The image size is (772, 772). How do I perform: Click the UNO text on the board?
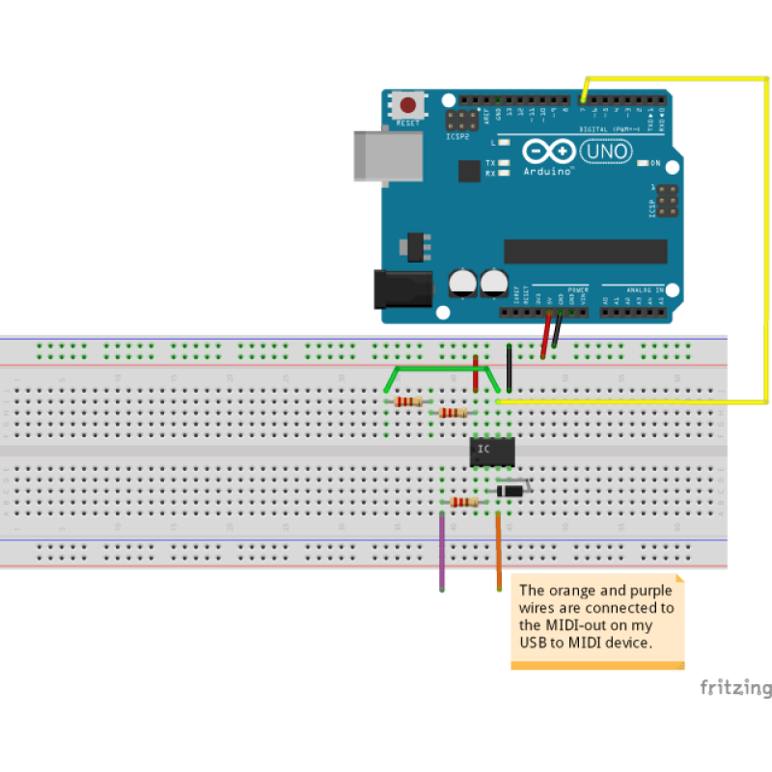605,152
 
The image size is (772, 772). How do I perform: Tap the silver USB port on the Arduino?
387,155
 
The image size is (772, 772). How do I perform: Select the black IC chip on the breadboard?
492,451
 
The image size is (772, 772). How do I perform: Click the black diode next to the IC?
510,491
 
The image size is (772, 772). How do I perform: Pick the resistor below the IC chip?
464,502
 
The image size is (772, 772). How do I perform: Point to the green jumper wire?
444,368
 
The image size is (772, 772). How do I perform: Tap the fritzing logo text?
735,688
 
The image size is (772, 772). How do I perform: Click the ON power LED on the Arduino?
644,163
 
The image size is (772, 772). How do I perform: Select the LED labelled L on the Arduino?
505,142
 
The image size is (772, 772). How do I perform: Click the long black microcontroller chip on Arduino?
585,251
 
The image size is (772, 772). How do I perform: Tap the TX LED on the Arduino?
505,162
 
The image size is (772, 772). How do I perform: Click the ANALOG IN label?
646,289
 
